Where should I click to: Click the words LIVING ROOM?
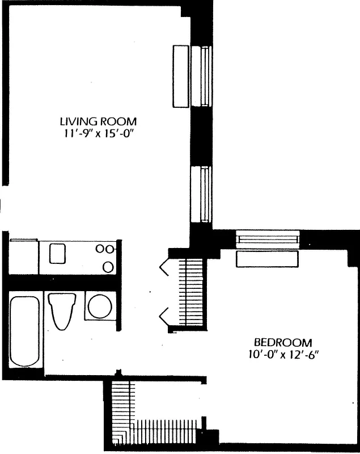pos(99,121)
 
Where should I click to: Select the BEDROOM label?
pos(282,342)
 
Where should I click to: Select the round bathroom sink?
pos(100,306)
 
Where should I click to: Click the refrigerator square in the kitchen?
pos(23,257)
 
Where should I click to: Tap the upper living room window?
pos(201,75)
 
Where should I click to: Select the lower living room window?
pos(201,195)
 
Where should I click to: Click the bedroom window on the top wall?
pos(266,239)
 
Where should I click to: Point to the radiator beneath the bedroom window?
pos(267,258)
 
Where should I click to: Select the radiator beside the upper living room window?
pos(181,75)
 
